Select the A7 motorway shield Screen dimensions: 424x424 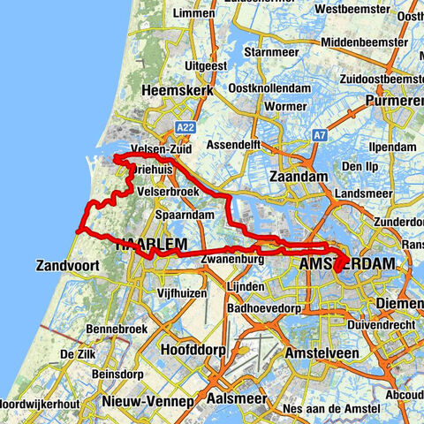point(318,134)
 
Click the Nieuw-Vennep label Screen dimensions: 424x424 point(148,401)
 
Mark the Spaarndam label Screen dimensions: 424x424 point(185,216)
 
